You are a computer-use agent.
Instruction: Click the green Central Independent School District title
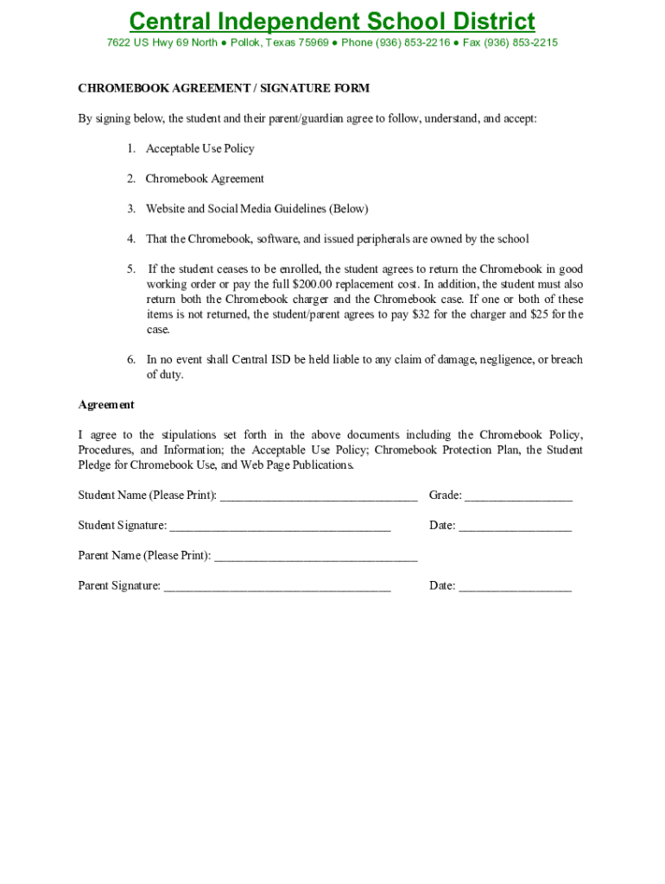(x=332, y=22)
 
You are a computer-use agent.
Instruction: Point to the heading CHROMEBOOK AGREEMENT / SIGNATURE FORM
(x=224, y=88)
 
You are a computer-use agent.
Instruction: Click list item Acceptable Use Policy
(x=199, y=148)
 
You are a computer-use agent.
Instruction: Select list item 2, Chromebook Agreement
(x=205, y=179)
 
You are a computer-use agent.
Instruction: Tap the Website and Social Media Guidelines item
(x=256, y=209)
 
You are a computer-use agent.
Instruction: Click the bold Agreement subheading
(x=106, y=405)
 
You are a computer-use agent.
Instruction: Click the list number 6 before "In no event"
(x=130, y=360)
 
